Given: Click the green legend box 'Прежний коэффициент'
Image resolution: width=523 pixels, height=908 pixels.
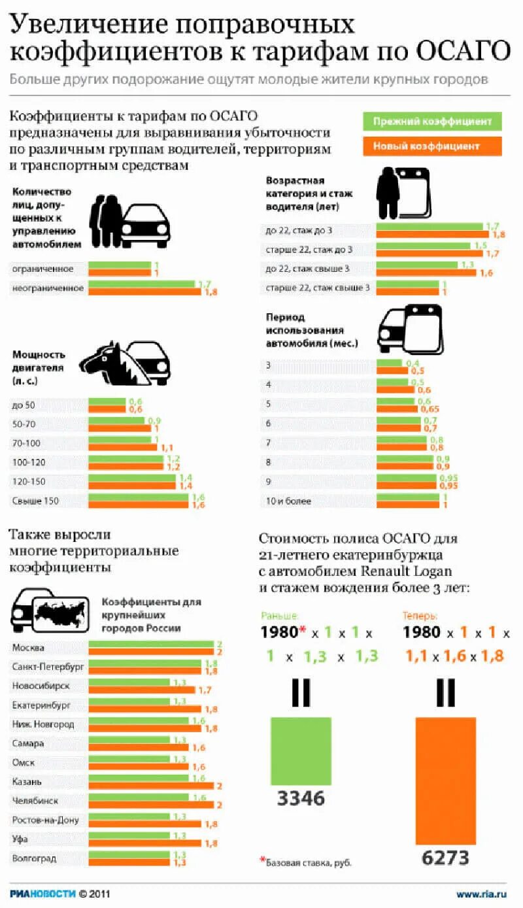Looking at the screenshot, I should pyautogui.click(x=432, y=122).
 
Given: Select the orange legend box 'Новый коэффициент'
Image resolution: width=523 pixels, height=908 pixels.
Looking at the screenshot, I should pyautogui.click(x=432, y=146).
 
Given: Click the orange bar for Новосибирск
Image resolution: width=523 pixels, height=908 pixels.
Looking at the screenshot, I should pyautogui.click(x=141, y=690).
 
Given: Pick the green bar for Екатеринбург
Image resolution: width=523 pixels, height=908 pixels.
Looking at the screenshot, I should pyautogui.click(x=130, y=701).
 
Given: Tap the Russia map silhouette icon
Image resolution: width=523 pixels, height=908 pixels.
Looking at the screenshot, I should pyautogui.click(x=61, y=612).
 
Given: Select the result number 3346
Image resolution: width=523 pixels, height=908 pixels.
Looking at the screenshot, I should pyautogui.click(x=301, y=798).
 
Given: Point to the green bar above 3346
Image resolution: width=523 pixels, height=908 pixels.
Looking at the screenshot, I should pyautogui.click(x=301, y=750).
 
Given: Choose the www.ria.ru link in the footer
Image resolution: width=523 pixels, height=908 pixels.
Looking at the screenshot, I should pyautogui.click(x=482, y=894).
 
